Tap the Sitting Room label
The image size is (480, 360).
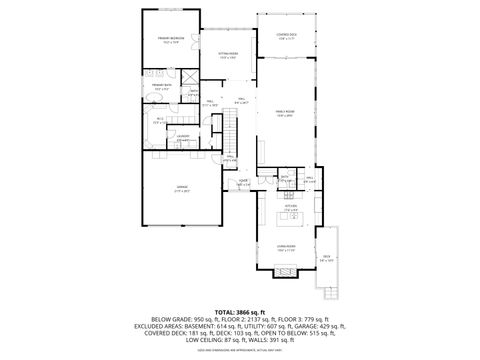click(x=228, y=55)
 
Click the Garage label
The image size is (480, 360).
click(x=183, y=188)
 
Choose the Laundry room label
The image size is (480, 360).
click(x=182, y=138)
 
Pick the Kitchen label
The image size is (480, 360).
click(x=289, y=209)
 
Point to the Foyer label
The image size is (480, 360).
click(x=243, y=183)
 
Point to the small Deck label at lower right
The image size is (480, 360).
click(x=326, y=258)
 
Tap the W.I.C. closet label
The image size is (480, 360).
click(x=159, y=121)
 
